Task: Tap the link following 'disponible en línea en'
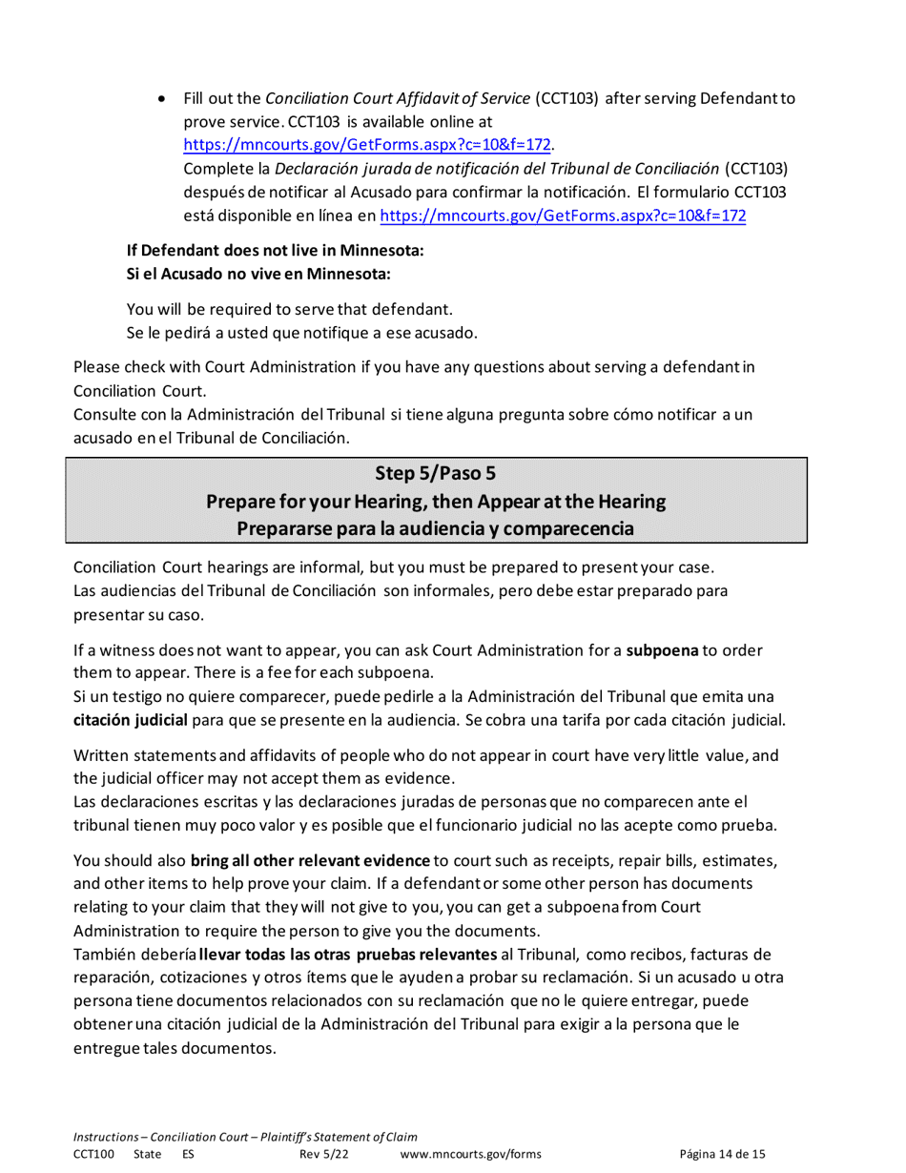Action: point(563,216)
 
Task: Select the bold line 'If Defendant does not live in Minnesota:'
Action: point(275,251)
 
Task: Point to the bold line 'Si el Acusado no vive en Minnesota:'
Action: point(260,274)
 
